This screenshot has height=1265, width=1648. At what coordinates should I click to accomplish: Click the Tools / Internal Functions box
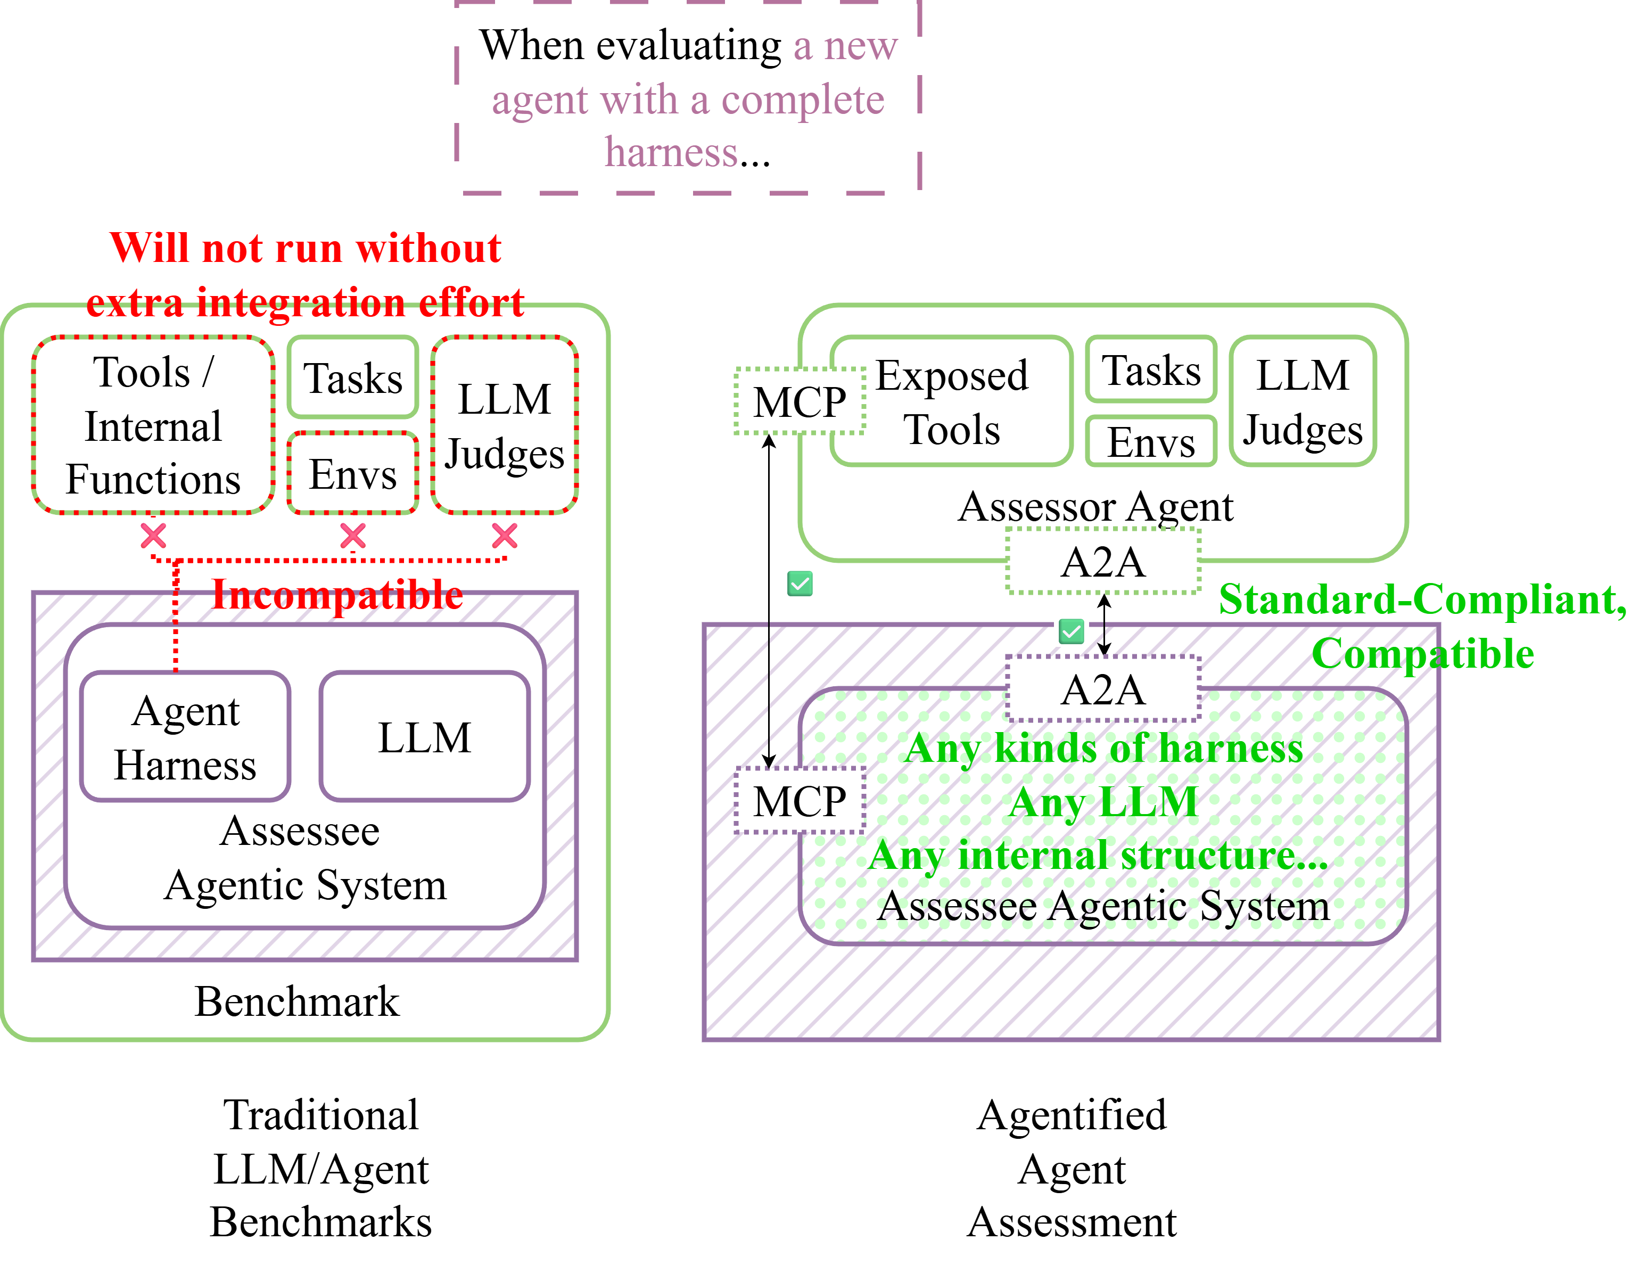pos(153,425)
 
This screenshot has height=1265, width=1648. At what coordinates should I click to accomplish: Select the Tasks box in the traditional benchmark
pos(352,377)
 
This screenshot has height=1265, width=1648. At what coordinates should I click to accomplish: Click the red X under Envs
pos(352,536)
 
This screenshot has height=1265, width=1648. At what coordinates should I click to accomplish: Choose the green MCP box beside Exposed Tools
pos(800,401)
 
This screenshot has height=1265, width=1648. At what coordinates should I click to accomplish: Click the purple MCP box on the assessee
pos(800,800)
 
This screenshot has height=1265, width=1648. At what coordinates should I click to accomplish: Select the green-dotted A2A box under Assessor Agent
pos(1103,562)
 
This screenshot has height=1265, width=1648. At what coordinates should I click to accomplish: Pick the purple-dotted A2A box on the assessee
pos(1103,689)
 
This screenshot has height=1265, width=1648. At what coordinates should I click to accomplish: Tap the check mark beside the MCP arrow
pos(800,584)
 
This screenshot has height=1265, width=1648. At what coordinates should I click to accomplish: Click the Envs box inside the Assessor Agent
pos(1150,442)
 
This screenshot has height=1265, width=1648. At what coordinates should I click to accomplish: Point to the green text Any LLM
pos(1103,801)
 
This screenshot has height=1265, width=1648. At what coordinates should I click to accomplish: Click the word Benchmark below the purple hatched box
pos(296,1001)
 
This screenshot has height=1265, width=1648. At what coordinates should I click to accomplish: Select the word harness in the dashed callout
pos(672,153)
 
